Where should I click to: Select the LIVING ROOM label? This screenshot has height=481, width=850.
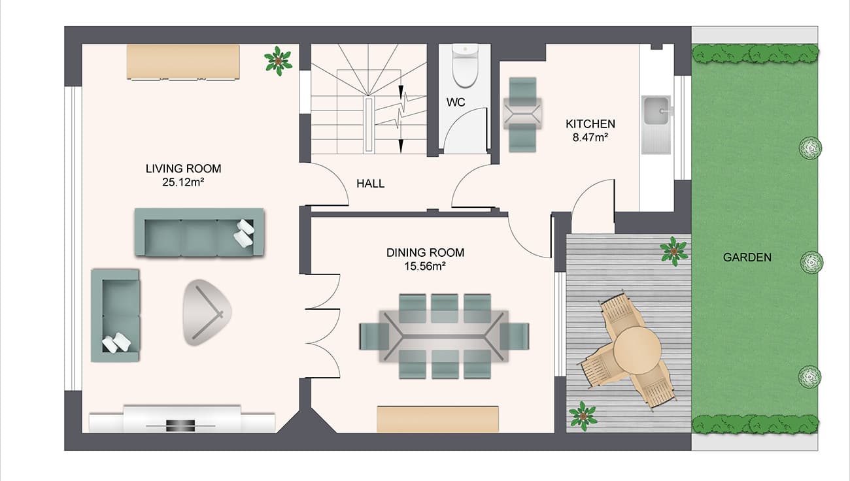(183, 169)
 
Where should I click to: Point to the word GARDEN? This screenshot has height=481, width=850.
(747, 257)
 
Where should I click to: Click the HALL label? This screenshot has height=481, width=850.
(370, 184)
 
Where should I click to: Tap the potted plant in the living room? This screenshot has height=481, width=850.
(279, 61)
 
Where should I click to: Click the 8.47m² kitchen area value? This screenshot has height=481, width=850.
(590, 137)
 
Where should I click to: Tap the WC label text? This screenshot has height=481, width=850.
(456, 103)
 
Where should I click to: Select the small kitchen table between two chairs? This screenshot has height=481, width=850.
(522, 113)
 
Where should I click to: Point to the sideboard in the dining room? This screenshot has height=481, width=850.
(437, 419)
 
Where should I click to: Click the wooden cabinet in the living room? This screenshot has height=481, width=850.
(183, 61)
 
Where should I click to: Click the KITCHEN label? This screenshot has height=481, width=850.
(590, 124)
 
